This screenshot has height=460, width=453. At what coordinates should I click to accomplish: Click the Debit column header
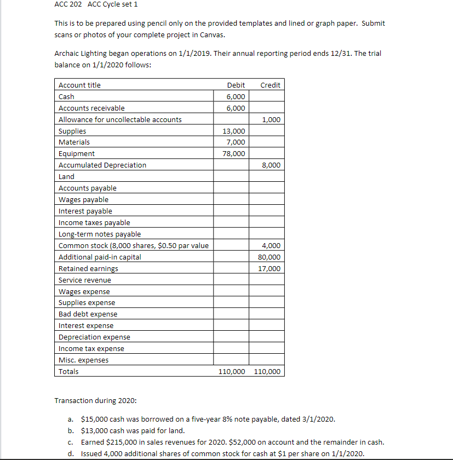click(236, 85)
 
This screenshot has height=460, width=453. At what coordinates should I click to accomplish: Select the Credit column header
click(270, 85)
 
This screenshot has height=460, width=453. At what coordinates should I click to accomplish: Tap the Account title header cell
click(79, 85)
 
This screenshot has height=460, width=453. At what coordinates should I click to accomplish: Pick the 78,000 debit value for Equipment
click(234, 154)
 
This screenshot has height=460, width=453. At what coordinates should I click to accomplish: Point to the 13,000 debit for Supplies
click(234, 131)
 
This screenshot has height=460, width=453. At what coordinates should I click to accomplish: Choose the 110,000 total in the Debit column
click(232, 371)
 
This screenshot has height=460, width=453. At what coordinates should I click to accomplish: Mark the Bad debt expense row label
click(88, 314)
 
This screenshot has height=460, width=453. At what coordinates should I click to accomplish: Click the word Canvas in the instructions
click(212, 35)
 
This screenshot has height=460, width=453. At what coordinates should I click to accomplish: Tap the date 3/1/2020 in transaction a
click(316, 419)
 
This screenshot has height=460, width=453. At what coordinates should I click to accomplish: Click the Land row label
click(66, 176)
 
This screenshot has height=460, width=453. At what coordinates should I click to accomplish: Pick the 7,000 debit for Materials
click(236, 142)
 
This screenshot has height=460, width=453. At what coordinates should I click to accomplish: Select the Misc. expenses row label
click(83, 360)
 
